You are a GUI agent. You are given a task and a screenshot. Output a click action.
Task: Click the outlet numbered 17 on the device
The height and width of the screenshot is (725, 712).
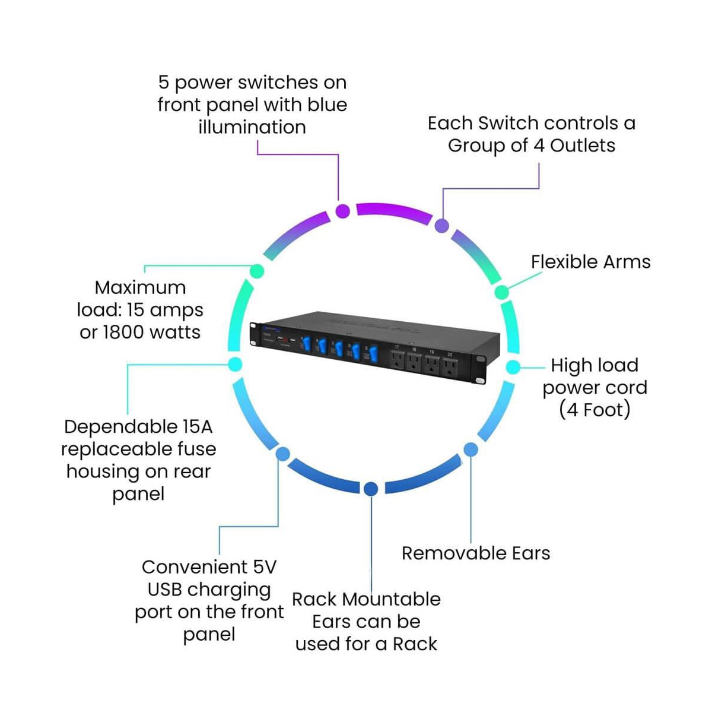397,359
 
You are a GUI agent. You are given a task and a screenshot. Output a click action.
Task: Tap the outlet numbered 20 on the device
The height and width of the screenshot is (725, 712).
450,369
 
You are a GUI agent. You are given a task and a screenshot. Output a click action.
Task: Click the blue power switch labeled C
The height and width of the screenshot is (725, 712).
339,349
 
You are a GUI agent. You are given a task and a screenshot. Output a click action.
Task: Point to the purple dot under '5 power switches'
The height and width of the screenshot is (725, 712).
343,211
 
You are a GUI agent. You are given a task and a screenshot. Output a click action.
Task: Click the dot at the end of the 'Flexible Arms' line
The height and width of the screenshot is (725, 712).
502,292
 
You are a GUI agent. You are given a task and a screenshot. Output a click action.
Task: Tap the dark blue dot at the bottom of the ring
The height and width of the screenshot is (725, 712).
371,489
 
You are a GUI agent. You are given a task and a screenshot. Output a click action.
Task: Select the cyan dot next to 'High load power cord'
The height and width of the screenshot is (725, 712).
513,367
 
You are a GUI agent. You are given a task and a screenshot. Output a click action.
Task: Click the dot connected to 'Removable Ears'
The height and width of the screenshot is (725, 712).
471,449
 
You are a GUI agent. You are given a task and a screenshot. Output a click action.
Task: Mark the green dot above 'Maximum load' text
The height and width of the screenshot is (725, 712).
257,271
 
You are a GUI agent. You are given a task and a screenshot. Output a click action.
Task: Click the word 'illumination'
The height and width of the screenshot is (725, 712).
252,127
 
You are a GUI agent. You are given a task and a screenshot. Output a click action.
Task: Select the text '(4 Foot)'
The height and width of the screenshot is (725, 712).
595,410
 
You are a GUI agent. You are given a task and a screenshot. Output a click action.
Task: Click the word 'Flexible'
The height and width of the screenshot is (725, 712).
564,262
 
